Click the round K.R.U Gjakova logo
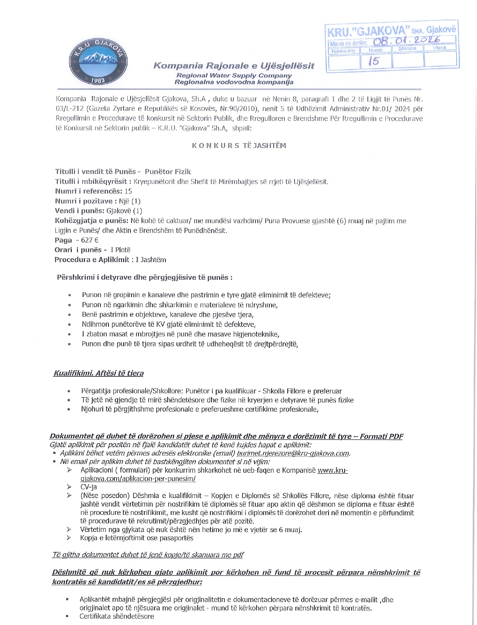[98, 62]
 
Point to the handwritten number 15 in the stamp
[373, 61]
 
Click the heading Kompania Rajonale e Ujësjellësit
[233, 65]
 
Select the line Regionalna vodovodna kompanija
[233, 82]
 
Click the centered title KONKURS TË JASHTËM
[239, 145]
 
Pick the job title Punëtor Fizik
[168, 172]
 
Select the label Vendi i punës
[80, 211]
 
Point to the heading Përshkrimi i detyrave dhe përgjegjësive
[145, 277]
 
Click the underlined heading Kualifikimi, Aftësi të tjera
[98, 373]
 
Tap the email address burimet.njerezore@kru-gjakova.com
[293, 453]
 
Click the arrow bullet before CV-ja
[69, 487]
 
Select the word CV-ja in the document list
[88, 487]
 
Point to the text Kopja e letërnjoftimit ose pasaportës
[137, 538]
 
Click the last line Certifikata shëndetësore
[117, 616]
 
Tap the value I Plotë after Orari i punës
[120, 250]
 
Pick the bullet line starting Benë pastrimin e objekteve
[167, 314]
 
